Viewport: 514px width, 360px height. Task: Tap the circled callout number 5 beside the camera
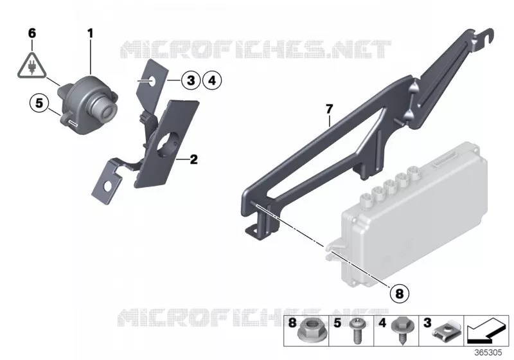point(39,104)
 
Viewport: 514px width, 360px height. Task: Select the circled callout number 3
point(191,80)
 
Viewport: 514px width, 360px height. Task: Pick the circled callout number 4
point(212,80)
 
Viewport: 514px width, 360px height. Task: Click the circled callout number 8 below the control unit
point(399,293)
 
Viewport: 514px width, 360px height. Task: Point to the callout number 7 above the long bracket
point(330,109)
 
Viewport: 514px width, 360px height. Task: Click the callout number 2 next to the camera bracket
point(194,159)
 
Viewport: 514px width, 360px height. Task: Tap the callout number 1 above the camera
point(90,33)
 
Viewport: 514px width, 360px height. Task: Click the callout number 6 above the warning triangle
point(31,33)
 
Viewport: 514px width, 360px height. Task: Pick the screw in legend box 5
point(355,330)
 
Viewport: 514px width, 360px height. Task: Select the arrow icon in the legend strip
point(487,330)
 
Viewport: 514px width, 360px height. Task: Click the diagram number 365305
point(488,353)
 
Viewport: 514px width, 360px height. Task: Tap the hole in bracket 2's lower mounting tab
point(107,186)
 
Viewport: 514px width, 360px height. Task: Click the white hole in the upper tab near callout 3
point(153,80)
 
